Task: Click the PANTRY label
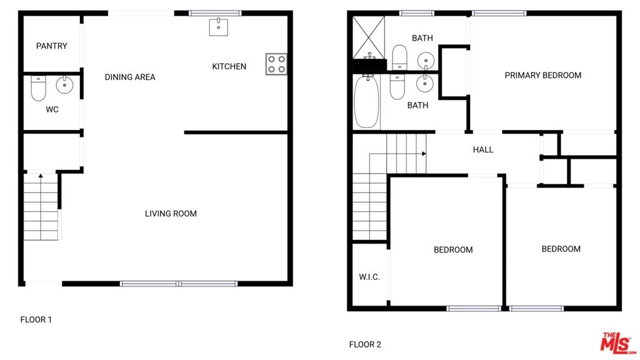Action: pos(51,46)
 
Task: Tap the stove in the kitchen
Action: pos(276,64)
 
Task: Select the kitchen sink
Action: pos(218,27)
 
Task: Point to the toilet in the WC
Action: pos(38,87)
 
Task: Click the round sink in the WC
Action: pos(64,84)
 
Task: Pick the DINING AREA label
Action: pos(130,77)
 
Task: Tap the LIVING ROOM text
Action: pos(171,214)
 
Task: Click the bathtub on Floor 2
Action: pos(366,101)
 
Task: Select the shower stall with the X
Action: pos(369,37)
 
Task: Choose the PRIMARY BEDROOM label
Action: pos(543,75)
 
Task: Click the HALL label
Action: pos(483,150)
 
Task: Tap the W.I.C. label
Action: pos(369,277)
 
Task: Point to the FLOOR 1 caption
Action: pos(36,319)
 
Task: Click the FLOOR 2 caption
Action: pos(365,344)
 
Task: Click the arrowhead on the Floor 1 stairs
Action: pos(41,176)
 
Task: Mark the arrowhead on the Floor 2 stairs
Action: pos(424,154)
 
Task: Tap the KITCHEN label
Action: pos(229,66)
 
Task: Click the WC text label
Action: pos(52,109)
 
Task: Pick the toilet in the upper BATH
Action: pos(399,57)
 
